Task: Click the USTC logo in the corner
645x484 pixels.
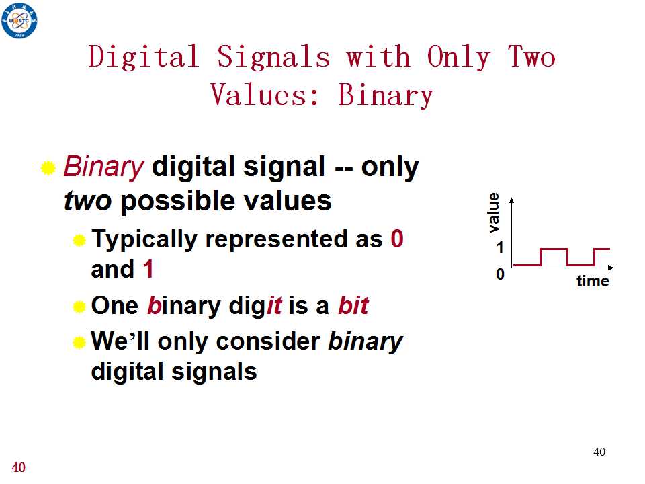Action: pos(19,20)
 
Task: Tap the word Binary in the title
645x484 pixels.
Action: pos(386,95)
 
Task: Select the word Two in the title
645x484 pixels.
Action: pos(531,56)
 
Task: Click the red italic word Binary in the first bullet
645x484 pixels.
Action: pos(103,167)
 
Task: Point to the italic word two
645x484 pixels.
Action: pos(87,201)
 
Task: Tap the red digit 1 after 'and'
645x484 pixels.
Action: pos(148,269)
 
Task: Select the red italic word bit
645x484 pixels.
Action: pos(353,305)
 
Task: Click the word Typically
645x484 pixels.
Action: pos(144,239)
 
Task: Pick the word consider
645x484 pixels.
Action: pos(268,341)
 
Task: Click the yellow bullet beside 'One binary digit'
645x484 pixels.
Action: pos(79,307)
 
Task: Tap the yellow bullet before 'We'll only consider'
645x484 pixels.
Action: pos(79,342)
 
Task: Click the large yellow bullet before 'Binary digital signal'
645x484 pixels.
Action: pos(48,168)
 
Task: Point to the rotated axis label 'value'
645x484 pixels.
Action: pos(493,212)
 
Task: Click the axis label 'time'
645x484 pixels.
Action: pos(593,281)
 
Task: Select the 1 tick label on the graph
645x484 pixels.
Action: pos(500,247)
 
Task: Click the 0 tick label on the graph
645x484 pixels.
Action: pos(500,274)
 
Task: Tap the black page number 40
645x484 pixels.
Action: pos(599,452)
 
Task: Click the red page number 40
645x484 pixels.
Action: pos(19,467)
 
